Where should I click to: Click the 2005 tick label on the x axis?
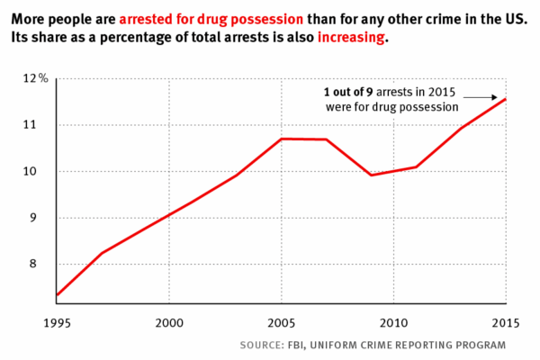[282, 321]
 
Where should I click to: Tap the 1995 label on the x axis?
[57, 321]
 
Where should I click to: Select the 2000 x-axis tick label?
[169, 321]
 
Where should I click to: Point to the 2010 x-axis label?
[393, 321]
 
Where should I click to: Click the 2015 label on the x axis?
[505, 321]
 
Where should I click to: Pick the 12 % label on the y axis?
[35, 79]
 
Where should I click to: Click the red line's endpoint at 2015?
[506, 99]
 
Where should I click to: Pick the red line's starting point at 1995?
[57, 294]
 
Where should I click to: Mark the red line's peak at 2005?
[282, 139]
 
